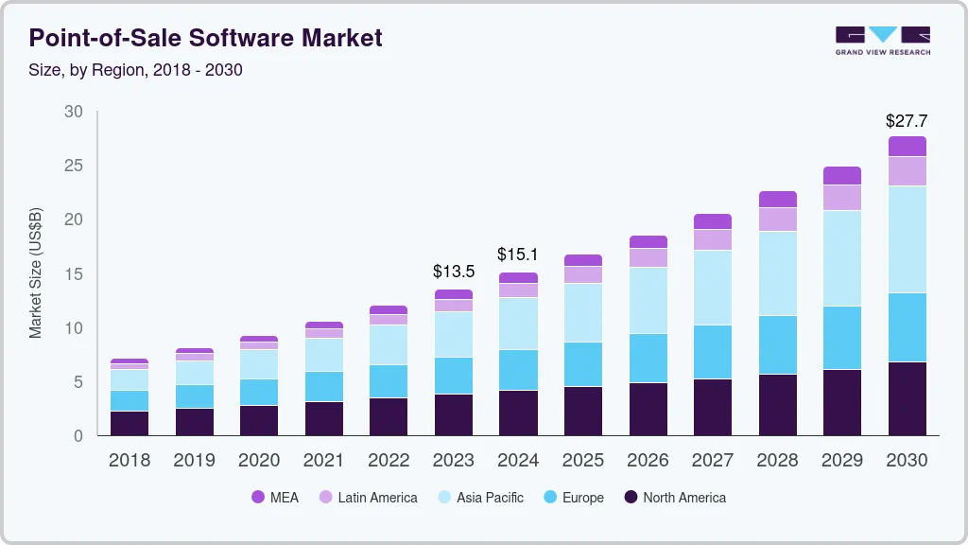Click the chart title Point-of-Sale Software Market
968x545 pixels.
point(205,38)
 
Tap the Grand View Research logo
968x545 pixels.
point(882,40)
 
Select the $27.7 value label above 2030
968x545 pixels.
point(906,121)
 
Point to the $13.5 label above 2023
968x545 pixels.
point(453,272)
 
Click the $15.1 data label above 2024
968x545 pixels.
point(518,255)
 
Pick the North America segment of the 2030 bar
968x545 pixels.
point(907,398)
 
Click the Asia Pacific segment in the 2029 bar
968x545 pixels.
point(841,257)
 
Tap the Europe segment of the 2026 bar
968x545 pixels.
point(648,358)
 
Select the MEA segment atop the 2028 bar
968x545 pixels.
point(777,199)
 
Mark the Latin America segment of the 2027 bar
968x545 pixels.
point(712,239)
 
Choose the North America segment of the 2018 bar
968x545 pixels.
point(130,423)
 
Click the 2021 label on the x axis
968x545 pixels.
point(323,461)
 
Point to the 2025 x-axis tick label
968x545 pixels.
point(582,461)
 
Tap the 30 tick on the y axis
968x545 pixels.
point(74,112)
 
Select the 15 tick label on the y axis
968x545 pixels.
point(74,274)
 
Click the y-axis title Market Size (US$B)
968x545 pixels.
point(36,273)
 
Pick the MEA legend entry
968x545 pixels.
point(275,498)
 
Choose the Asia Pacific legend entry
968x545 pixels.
point(479,498)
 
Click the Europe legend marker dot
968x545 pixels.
point(549,498)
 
